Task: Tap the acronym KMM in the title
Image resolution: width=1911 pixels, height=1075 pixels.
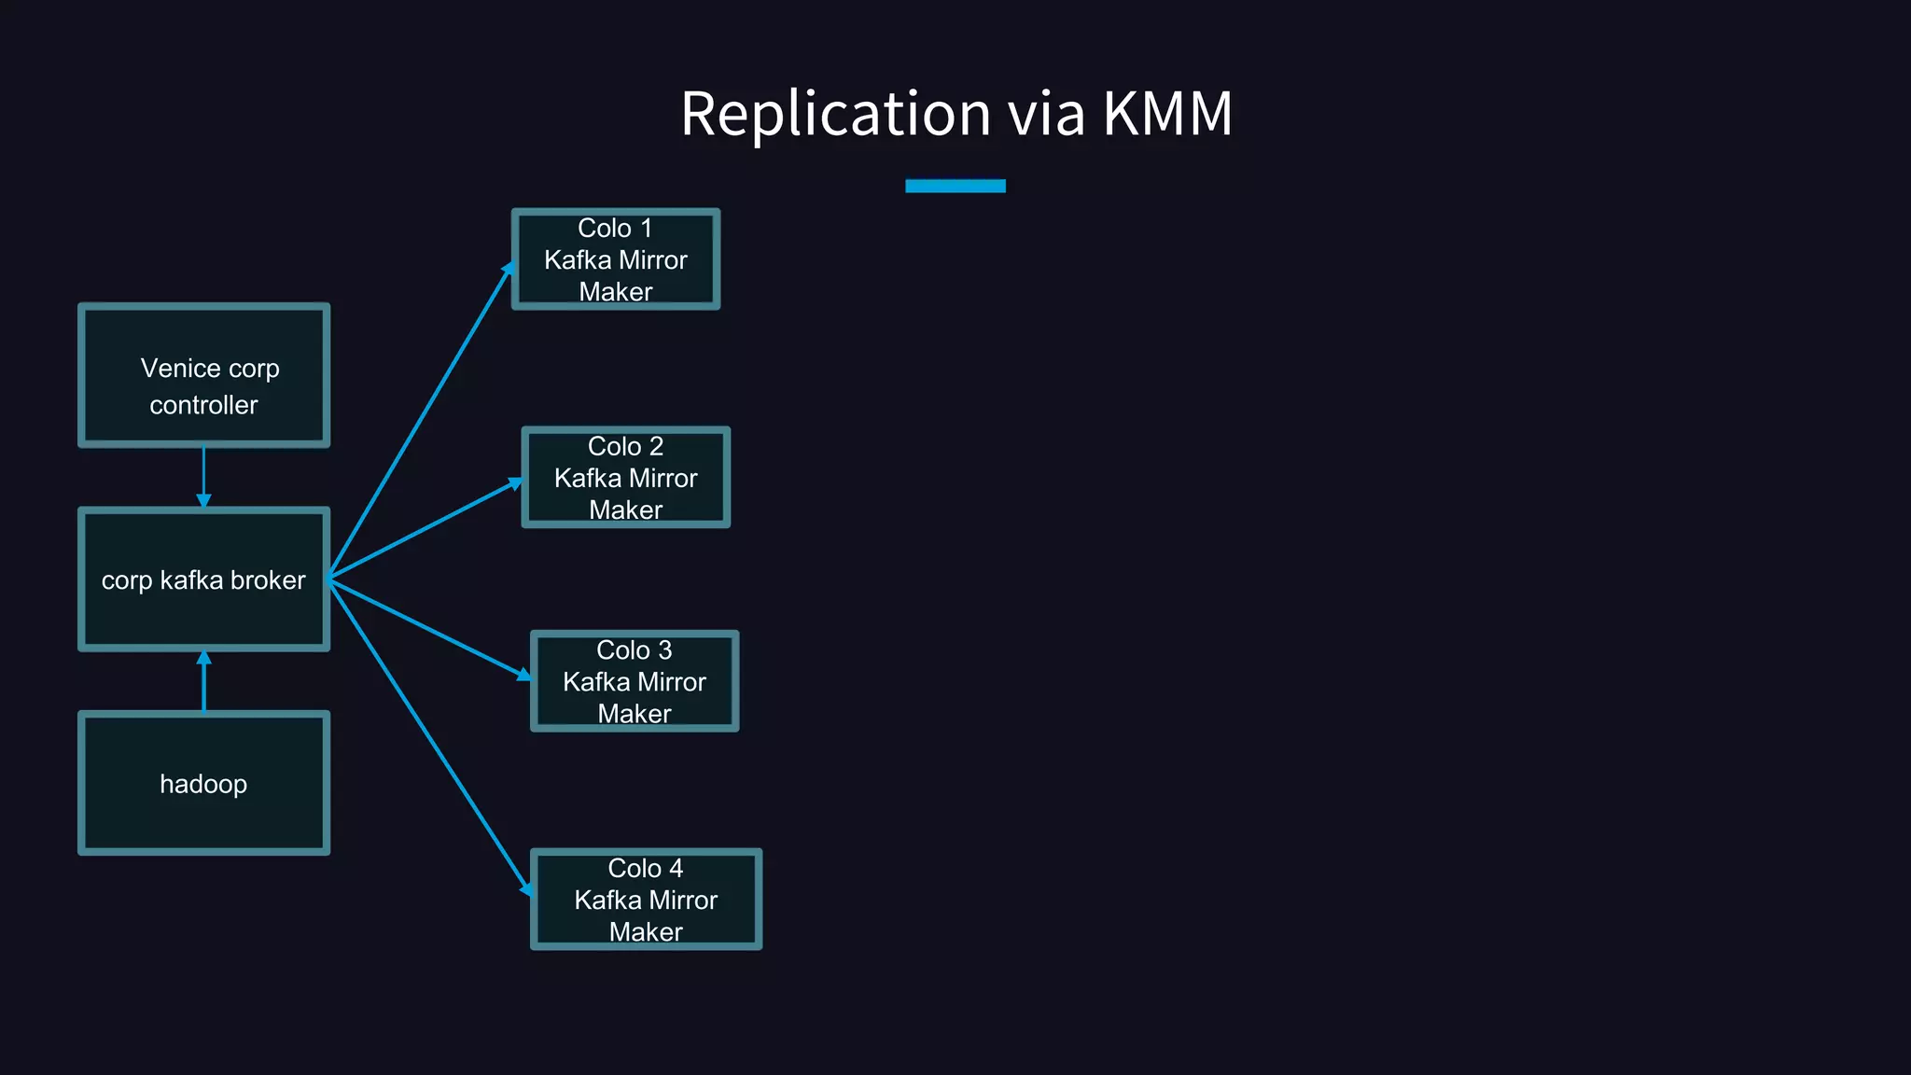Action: (x=1167, y=114)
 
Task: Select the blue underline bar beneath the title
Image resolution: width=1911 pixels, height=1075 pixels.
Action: (x=955, y=186)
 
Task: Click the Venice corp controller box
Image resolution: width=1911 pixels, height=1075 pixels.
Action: (x=203, y=375)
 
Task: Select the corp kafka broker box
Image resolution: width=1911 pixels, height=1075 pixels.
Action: (x=203, y=579)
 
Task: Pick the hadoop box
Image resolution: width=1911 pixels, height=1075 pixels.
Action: (x=203, y=784)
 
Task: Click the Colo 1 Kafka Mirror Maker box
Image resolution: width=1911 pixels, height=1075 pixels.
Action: (x=616, y=259)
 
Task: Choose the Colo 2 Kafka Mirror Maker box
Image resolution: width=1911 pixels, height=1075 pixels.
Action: (x=625, y=478)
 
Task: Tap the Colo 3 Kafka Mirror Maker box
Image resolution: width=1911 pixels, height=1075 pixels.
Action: (x=635, y=681)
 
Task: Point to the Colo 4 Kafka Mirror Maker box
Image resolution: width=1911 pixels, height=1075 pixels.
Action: (x=646, y=900)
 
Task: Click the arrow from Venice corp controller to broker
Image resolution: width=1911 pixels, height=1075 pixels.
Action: (x=203, y=476)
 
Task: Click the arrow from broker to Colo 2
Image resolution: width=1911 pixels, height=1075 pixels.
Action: (x=425, y=529)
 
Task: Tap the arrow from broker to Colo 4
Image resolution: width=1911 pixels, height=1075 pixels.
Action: (x=429, y=737)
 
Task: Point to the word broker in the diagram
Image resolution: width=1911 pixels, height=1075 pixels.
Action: (x=268, y=580)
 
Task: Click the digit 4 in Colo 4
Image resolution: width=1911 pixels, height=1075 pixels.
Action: (x=676, y=869)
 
